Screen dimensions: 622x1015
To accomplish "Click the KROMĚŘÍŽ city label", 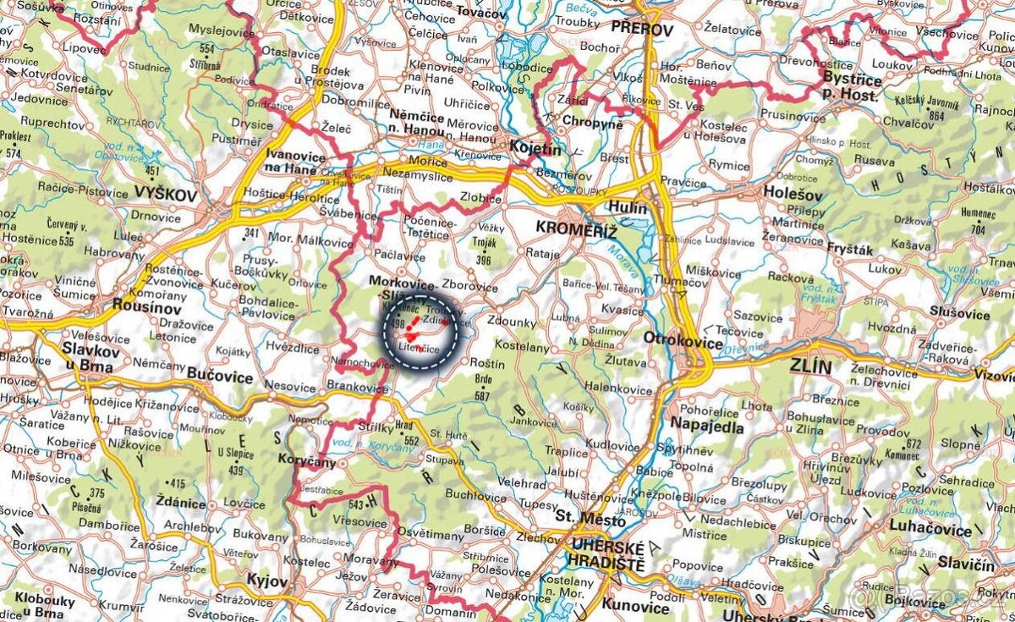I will click(576, 230).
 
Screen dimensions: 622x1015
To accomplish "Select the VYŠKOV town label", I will click(165, 195).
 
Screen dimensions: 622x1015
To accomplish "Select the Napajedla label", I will click(707, 427).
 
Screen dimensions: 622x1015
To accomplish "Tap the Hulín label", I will click(627, 208).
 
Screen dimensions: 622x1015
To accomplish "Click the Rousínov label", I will click(138, 307).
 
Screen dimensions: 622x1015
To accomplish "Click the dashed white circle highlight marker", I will click(420, 332).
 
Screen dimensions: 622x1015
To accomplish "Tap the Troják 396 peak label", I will click(484, 252).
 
